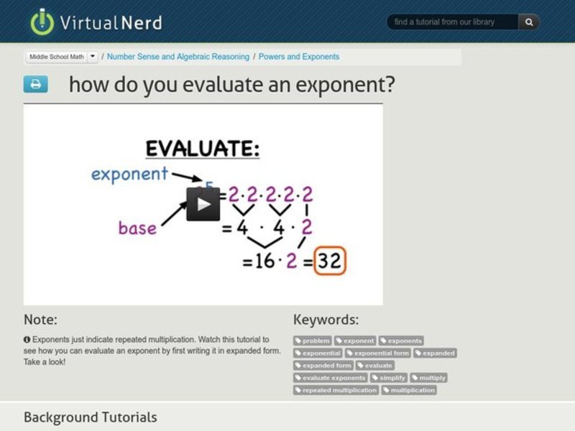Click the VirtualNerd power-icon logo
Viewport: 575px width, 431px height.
(42, 22)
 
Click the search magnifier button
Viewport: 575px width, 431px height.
(529, 22)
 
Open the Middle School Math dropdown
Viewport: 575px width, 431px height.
(93, 56)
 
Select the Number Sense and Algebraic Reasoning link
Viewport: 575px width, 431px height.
(178, 56)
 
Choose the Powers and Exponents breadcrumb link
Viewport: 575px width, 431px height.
(299, 56)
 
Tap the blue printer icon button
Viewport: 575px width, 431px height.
(35, 84)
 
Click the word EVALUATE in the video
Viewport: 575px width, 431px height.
(202, 149)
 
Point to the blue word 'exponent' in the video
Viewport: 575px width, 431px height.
(129, 174)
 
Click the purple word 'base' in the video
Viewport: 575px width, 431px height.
(137, 228)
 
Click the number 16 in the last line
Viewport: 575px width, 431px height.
(264, 261)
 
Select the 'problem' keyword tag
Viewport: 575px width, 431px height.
(313, 340)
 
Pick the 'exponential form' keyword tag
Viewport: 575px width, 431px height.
(378, 353)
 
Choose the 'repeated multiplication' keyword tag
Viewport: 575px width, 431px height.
(336, 390)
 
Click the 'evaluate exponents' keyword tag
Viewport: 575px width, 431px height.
(330, 378)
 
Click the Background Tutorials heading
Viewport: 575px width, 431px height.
(90, 417)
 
